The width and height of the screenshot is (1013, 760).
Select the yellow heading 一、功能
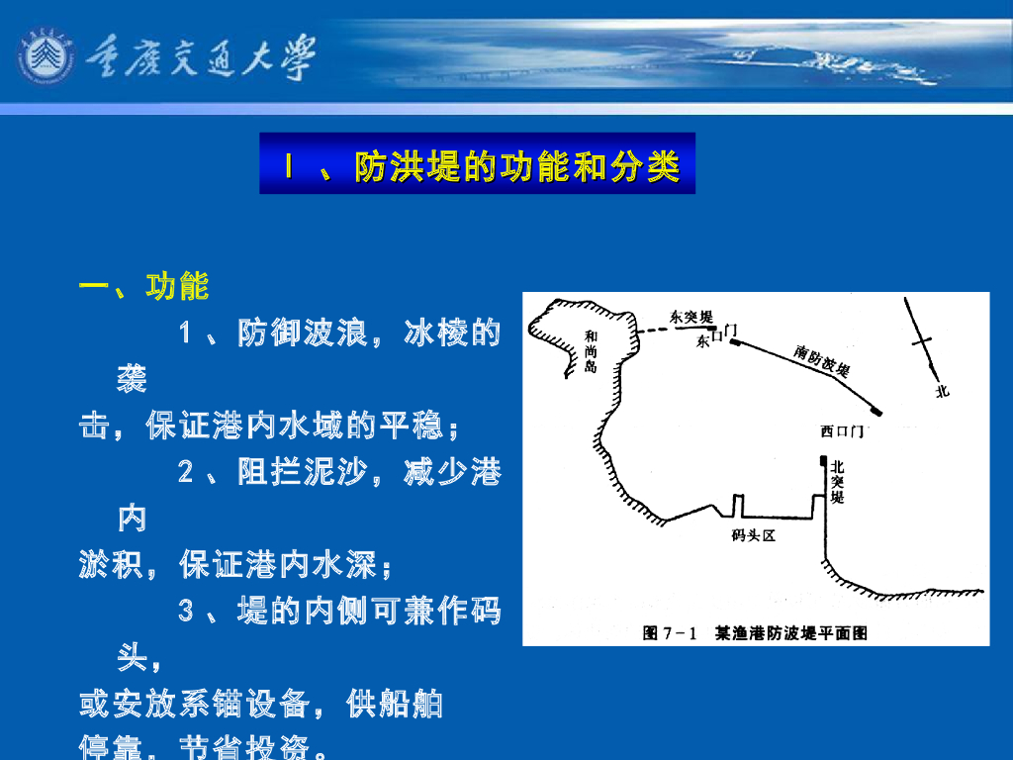point(144,287)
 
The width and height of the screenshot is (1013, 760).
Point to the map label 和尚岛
point(591,351)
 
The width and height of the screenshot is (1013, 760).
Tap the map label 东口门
point(716,336)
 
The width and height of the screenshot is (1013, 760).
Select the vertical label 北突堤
point(837,482)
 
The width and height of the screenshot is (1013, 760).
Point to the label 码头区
point(751,535)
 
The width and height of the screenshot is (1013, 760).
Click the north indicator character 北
point(942,391)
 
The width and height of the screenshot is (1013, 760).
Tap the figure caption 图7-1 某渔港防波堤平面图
point(755,632)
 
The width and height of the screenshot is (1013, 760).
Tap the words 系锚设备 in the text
point(244,705)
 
